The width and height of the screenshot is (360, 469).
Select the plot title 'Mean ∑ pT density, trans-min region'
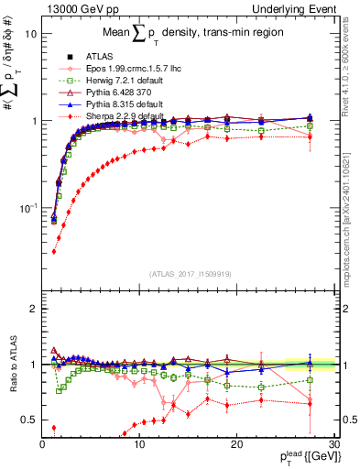point(183,35)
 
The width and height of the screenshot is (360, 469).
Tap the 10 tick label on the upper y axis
point(29,34)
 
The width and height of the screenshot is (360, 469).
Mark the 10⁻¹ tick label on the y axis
point(27,208)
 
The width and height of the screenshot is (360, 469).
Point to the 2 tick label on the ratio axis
point(33,309)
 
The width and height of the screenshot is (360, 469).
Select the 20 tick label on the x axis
point(236,444)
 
